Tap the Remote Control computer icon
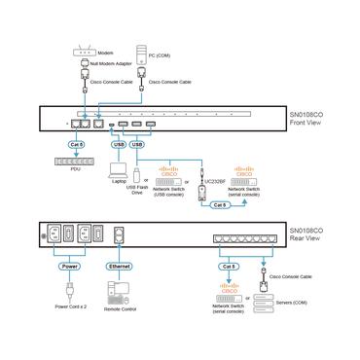tap(120, 290)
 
